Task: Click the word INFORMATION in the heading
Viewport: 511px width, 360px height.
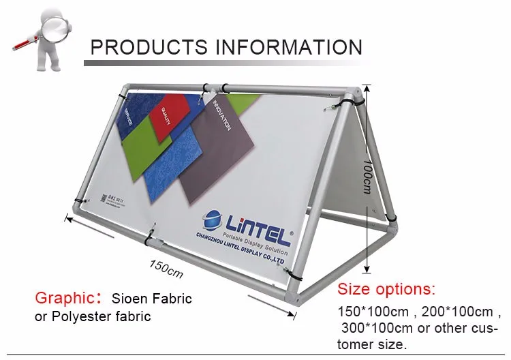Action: [289, 47]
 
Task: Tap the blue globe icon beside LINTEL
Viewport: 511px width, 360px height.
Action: [214, 219]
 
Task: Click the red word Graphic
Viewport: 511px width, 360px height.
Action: [64, 298]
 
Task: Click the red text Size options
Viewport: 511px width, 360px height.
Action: [386, 288]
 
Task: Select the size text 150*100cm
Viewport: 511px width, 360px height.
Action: [373, 312]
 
